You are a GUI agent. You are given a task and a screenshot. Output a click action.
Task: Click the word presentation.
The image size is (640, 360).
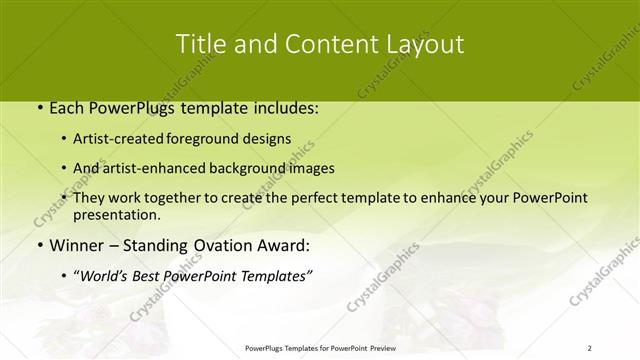click(x=116, y=214)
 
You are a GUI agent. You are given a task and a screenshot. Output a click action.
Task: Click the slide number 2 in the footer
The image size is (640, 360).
click(x=589, y=347)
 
